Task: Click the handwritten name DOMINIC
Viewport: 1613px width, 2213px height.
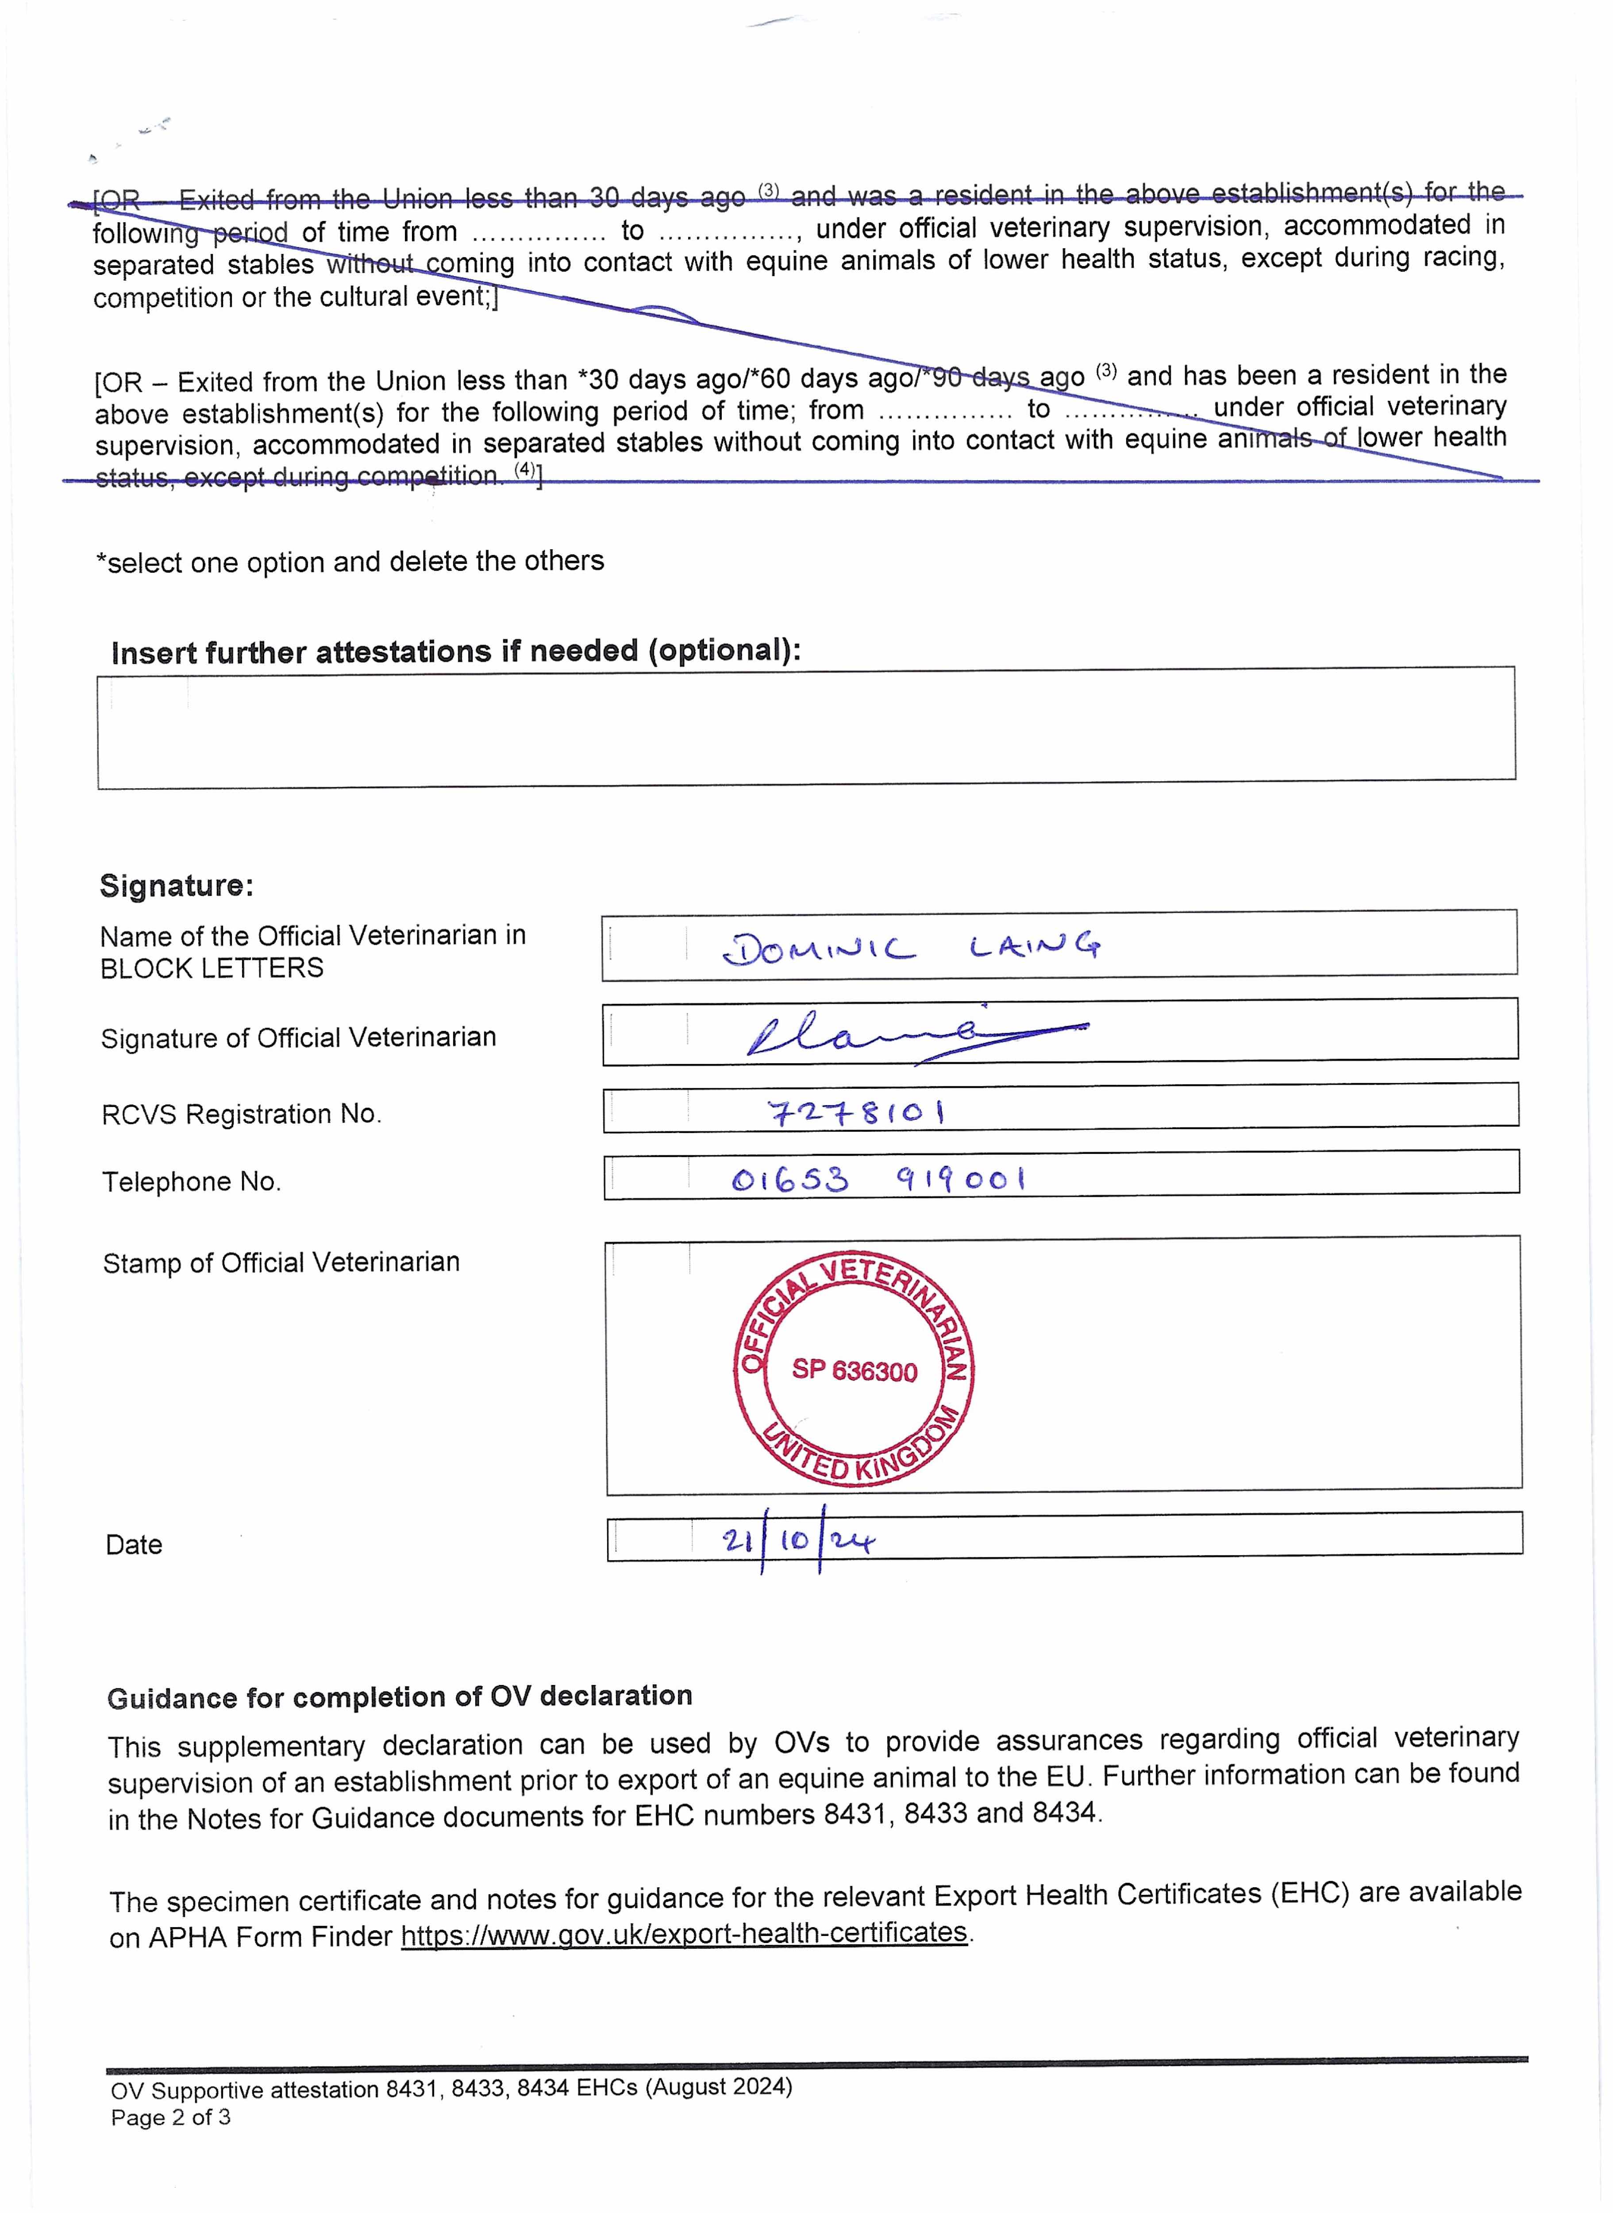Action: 818,948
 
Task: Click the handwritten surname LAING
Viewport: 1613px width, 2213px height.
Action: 1035,945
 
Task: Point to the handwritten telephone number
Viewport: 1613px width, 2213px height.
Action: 879,1180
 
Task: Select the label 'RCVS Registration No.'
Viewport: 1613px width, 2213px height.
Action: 241,1114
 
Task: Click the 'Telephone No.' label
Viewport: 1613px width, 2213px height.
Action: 191,1182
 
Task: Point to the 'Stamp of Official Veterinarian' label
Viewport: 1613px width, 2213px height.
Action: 281,1263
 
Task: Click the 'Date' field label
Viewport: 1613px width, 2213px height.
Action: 134,1545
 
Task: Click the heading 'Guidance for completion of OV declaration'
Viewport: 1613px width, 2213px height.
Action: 399,1696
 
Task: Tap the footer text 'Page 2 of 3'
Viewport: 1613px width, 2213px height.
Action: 171,2117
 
